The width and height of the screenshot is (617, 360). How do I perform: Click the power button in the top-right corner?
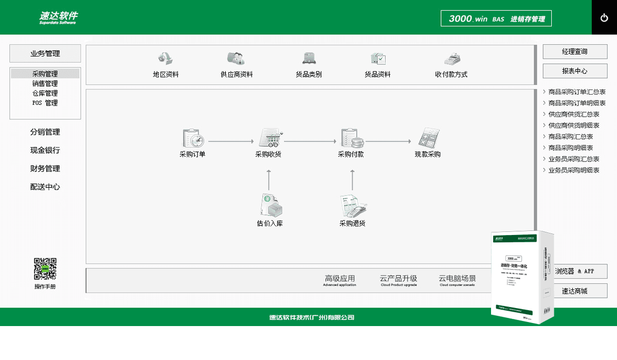[x=604, y=17]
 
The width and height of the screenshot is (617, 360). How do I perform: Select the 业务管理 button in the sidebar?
[x=45, y=53]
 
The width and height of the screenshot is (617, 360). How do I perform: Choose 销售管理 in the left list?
[x=45, y=83]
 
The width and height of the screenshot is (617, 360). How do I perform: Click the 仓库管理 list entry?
[x=45, y=93]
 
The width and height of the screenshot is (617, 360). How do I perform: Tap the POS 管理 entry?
[x=45, y=103]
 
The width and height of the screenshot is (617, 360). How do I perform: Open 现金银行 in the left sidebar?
[x=45, y=150]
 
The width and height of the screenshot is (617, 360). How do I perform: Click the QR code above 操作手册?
[x=45, y=268]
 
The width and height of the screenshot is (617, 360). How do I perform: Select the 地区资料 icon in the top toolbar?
[x=165, y=58]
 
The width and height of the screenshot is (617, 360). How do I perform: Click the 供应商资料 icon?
[x=236, y=58]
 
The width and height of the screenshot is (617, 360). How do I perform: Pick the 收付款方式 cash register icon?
[x=451, y=58]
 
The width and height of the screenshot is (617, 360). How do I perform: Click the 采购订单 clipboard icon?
[x=193, y=138]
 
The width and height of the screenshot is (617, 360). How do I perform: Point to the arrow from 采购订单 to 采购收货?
[x=231, y=141]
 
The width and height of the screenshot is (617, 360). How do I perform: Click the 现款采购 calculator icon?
[x=428, y=138]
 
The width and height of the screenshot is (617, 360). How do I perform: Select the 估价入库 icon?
[x=270, y=205]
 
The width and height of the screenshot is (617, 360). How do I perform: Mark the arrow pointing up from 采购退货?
[x=352, y=180]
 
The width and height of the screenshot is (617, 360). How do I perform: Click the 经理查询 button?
[x=575, y=51]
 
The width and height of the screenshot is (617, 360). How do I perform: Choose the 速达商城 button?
[x=575, y=291]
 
